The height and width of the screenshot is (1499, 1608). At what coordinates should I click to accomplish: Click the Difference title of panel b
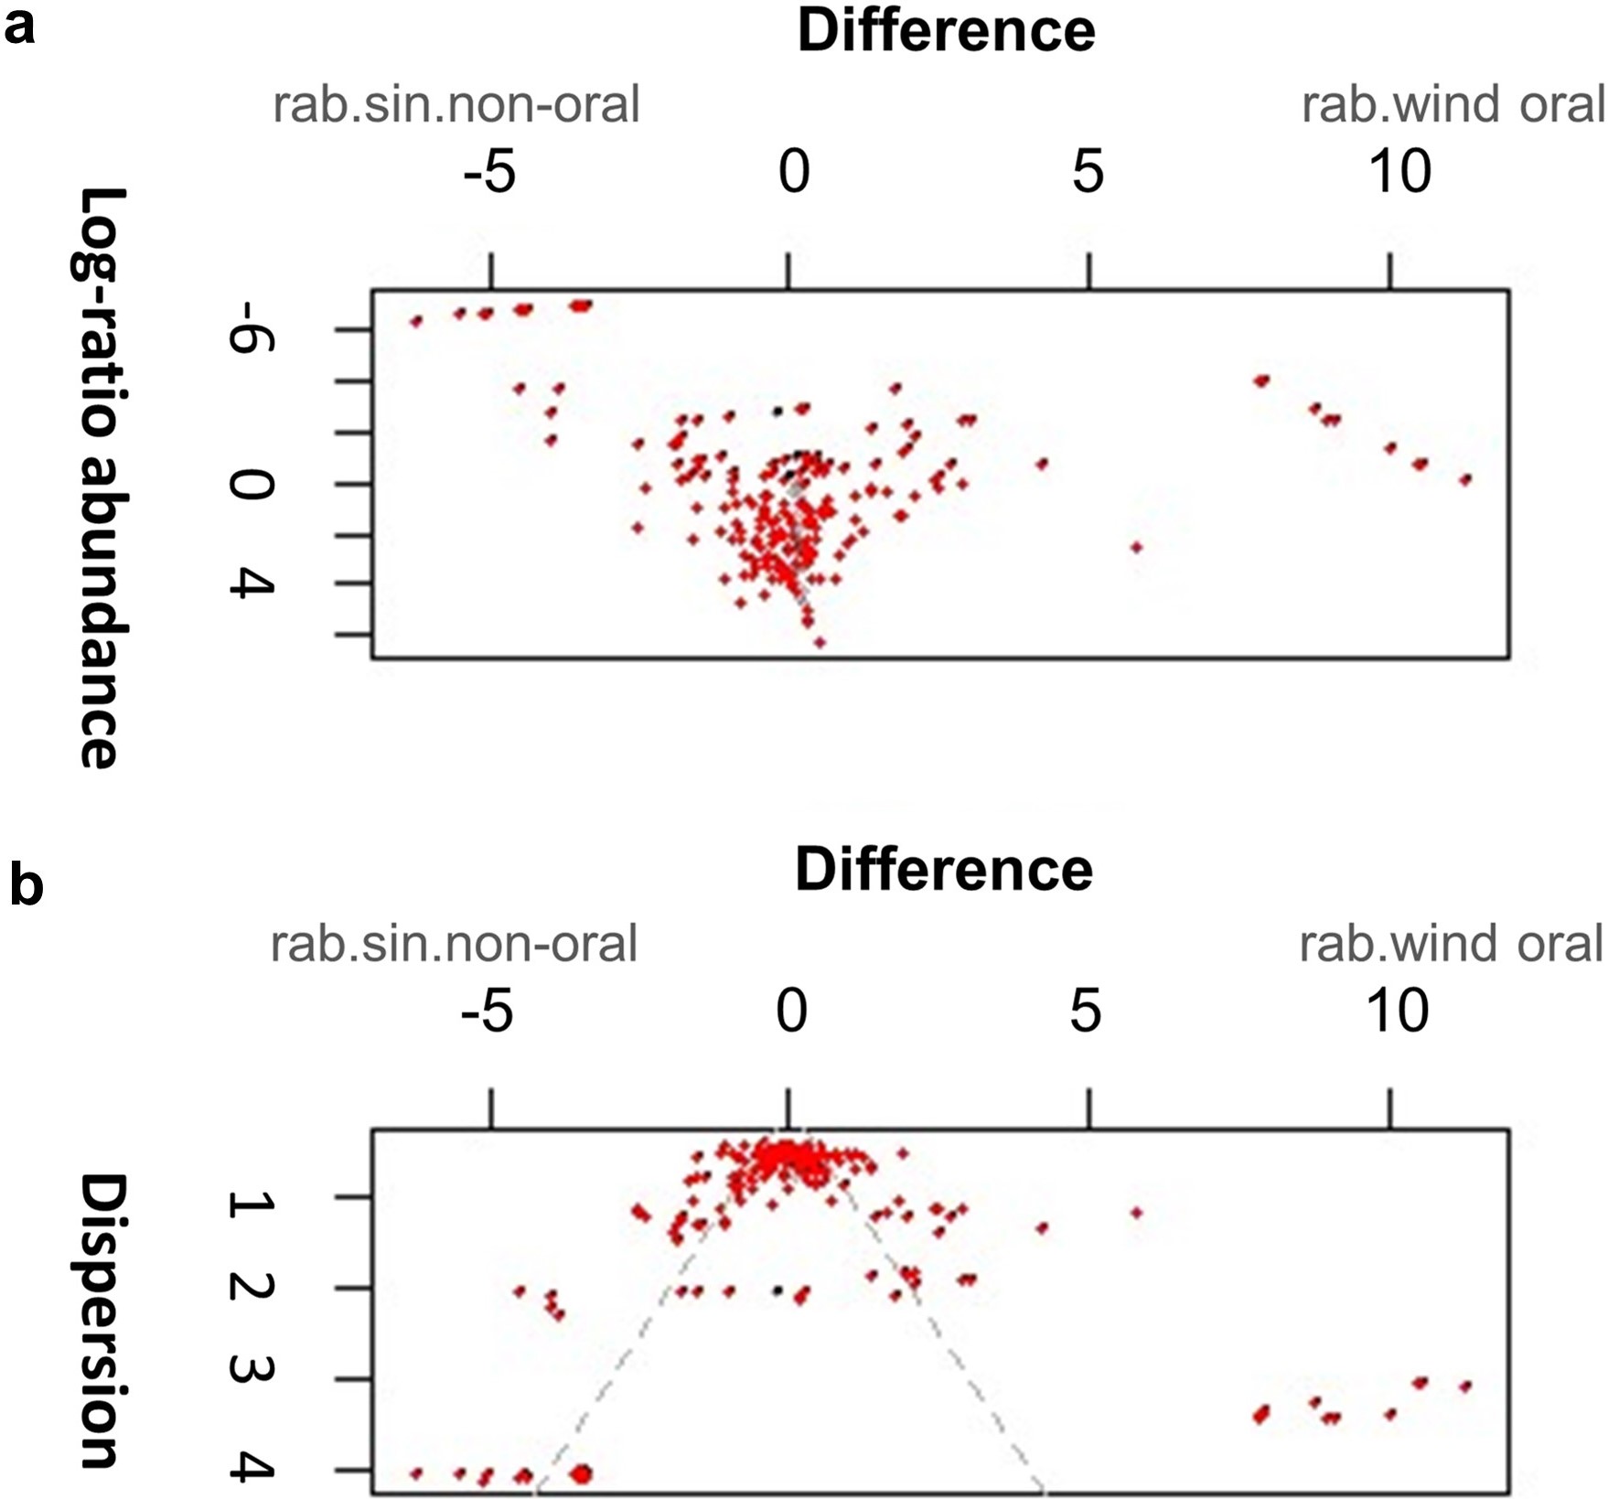click(x=944, y=869)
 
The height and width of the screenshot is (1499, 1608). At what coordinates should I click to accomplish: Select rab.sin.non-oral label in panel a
click(x=456, y=104)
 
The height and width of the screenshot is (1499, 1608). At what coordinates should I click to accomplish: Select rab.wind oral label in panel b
click(x=1452, y=944)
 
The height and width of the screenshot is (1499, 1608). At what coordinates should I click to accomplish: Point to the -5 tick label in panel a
click(x=489, y=172)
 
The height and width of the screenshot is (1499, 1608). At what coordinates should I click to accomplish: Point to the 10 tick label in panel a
click(x=1399, y=172)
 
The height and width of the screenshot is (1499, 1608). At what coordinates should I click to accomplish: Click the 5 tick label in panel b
click(x=1085, y=1012)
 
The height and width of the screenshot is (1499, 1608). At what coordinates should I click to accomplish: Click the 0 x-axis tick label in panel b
click(x=792, y=1012)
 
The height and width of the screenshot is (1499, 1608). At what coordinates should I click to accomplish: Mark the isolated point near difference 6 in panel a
click(x=1137, y=547)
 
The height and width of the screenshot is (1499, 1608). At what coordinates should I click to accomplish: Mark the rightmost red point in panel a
click(x=1465, y=479)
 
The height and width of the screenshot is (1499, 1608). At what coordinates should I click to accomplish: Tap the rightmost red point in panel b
click(x=1465, y=1387)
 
